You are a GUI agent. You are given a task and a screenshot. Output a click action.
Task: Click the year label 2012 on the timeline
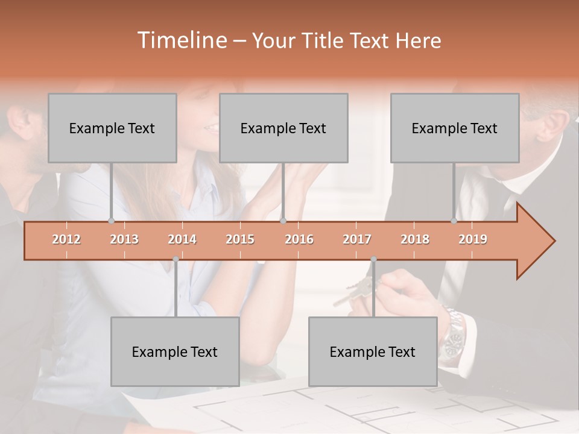pos(66,239)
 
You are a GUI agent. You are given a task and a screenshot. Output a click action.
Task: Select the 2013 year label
pos(124,239)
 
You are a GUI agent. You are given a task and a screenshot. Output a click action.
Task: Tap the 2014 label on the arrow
pos(182,239)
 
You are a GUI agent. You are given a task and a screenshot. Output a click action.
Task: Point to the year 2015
pos(240,239)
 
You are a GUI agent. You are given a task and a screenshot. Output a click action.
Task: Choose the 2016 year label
pos(299,239)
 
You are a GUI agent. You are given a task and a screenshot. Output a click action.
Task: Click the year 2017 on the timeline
pos(357,239)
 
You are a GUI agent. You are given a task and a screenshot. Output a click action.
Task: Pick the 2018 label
pos(415,239)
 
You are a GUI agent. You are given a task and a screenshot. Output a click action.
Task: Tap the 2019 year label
pos(473,239)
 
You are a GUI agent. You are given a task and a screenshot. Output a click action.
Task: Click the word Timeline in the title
pos(180,40)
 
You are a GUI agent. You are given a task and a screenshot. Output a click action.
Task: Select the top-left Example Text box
pos(112,128)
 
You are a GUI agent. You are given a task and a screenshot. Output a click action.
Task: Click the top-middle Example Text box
pos(283,128)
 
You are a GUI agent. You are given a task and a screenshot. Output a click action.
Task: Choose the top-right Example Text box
pos(455,128)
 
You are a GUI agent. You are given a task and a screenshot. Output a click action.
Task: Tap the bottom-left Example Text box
pos(175,351)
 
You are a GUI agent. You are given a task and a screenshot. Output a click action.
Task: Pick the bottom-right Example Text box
pos(373,351)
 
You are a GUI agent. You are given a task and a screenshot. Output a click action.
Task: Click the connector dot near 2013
pos(111,221)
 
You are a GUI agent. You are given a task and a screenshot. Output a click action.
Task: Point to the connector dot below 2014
pos(176,259)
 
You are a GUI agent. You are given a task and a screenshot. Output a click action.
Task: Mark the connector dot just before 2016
pos(283,221)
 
